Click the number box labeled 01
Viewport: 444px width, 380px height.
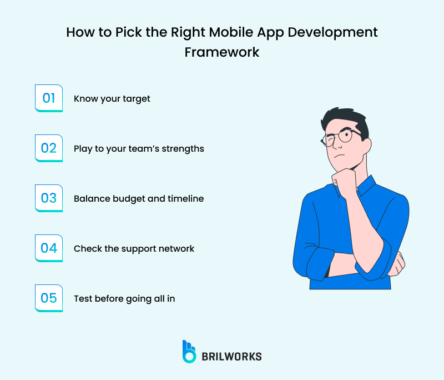click(x=49, y=98)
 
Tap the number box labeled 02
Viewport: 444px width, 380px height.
click(x=49, y=148)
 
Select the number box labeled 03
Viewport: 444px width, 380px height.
click(x=49, y=198)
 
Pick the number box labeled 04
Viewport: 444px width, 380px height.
click(x=49, y=248)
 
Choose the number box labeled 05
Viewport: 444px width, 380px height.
click(x=49, y=298)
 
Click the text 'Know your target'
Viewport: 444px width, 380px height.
click(x=112, y=99)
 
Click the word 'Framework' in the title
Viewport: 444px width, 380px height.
click(x=222, y=52)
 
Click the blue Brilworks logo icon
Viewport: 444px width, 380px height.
click(x=189, y=352)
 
